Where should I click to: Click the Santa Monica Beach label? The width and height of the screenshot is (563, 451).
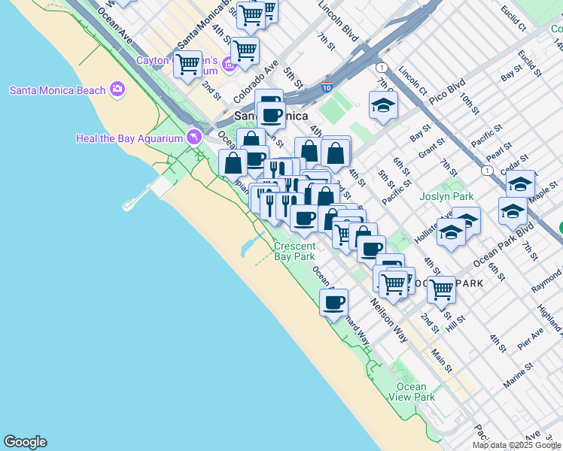57,91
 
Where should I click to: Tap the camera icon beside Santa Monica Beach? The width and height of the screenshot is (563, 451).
117,90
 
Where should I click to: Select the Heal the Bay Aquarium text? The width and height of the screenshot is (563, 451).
129,138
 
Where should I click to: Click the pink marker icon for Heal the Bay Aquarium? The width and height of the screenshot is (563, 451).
194,137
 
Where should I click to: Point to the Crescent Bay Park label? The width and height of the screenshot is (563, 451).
294,251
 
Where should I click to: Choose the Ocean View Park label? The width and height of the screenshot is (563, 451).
415,392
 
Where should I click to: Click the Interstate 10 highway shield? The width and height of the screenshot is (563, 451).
327,87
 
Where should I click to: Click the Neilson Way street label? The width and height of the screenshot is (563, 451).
388,322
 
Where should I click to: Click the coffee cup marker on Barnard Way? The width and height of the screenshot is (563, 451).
333,302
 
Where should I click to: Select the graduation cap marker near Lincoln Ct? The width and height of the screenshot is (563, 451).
383,105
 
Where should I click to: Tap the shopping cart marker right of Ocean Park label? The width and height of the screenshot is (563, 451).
441,287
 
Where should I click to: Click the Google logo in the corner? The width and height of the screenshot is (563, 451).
25,442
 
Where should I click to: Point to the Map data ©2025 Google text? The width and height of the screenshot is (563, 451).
516,445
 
